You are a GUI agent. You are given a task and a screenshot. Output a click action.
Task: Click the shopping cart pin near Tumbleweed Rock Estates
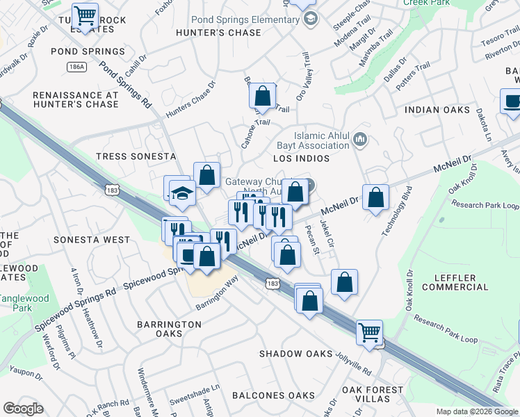coord(85,15)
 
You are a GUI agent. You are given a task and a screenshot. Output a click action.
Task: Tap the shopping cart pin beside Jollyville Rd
coord(369,332)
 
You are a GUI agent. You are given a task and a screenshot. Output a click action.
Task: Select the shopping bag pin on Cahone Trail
coord(263,97)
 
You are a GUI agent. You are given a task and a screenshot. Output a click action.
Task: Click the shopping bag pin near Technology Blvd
coord(375,197)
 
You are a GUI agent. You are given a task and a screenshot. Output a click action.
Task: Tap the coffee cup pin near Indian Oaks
coord(512,101)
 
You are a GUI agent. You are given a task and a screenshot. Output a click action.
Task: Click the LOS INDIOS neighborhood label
coord(300,159)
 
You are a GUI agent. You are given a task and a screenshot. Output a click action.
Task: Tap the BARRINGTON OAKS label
coord(169,329)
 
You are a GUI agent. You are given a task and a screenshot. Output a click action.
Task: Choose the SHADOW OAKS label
coord(296,354)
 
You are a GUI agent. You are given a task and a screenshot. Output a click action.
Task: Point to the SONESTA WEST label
coord(98,240)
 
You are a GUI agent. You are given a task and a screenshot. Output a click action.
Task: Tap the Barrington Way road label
coord(217,293)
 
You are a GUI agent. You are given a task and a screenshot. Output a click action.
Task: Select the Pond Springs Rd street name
coord(125,85)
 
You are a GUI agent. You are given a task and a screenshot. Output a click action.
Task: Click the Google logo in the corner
coord(23,409)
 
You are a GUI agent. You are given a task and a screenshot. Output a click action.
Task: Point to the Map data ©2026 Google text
coord(477,411)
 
